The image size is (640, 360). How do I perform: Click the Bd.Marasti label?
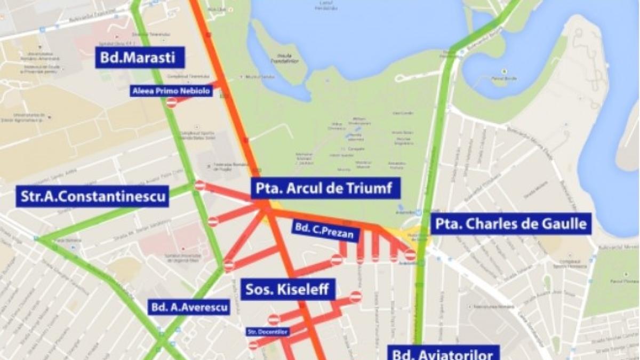(140, 58)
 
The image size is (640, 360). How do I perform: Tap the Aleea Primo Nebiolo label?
(172, 91)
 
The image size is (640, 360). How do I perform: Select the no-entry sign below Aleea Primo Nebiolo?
(172, 102)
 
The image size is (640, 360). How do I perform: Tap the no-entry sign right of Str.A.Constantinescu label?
(200, 186)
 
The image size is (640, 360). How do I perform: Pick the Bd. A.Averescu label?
(189, 307)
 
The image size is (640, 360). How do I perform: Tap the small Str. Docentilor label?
(268, 332)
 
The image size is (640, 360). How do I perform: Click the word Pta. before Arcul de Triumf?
(268, 188)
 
